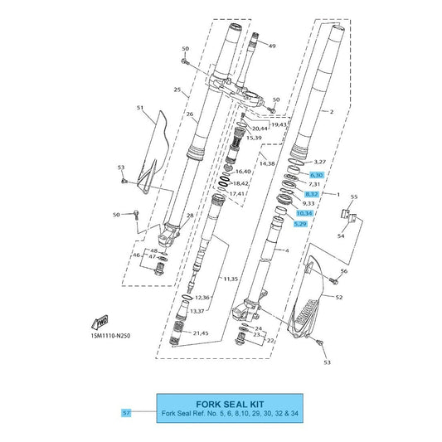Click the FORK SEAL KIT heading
(230, 404)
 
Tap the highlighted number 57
(126, 413)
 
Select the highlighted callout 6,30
(317, 175)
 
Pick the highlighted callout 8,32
(312, 194)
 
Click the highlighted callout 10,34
(304, 213)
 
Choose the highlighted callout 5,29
(300, 224)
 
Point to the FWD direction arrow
(100, 323)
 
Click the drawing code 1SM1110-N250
(110, 336)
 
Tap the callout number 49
(272, 46)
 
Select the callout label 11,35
(231, 279)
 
